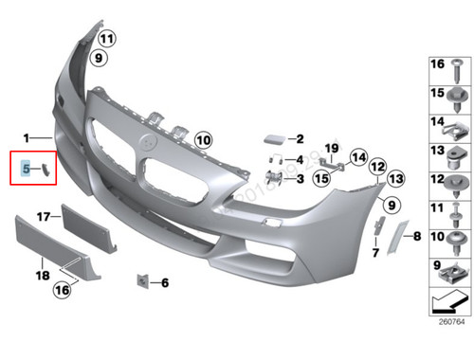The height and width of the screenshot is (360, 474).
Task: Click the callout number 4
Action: pyautogui.click(x=299, y=159)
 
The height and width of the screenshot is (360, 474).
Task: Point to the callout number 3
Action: pyautogui.click(x=299, y=178)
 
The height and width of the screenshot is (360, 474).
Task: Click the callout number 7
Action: pyautogui.click(x=375, y=253)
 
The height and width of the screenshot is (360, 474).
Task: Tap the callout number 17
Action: pyautogui.click(x=43, y=217)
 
